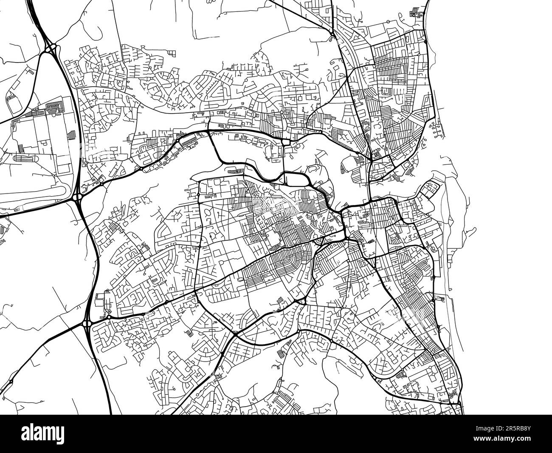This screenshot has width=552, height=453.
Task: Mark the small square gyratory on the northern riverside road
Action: point(286,142)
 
